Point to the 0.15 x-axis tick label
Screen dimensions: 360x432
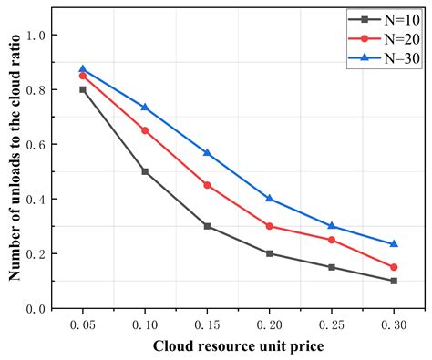point(207,324)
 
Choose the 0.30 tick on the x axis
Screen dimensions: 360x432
point(394,324)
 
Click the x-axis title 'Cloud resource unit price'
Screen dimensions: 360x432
point(238,346)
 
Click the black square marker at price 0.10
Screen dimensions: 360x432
point(145,171)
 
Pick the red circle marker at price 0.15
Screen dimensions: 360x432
point(207,185)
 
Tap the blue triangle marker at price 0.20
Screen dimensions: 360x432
point(269,199)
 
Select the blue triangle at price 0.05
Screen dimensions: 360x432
point(83,68)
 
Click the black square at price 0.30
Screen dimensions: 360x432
point(394,281)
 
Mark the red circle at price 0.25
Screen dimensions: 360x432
point(332,240)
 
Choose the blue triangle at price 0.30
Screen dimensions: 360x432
point(394,244)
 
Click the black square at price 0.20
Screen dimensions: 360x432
point(269,253)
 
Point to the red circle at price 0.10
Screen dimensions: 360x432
point(145,130)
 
